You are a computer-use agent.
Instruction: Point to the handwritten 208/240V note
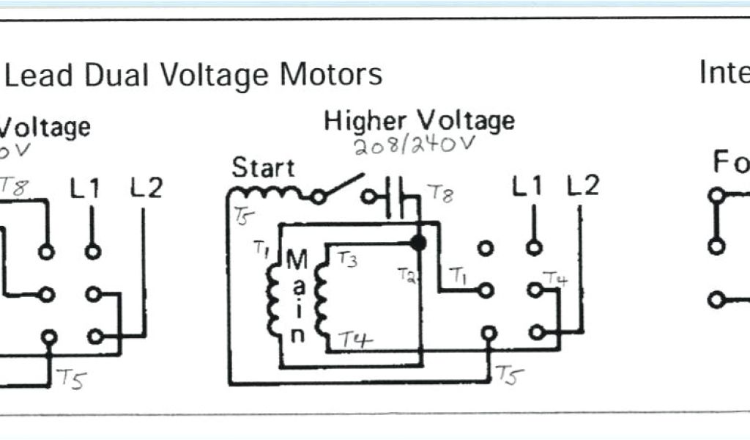(x=415, y=144)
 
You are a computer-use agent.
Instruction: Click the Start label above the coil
(x=263, y=168)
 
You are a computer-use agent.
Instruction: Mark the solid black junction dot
(x=418, y=242)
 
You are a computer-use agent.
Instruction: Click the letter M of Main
(x=297, y=260)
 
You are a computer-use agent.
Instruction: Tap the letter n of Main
(x=297, y=336)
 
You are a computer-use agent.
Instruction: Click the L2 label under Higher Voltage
(x=582, y=186)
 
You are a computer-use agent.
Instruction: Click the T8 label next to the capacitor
(x=439, y=194)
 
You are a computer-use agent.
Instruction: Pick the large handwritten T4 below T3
(x=355, y=339)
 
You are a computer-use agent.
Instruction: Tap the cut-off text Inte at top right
(x=724, y=73)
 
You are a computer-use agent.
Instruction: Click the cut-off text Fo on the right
(x=730, y=163)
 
